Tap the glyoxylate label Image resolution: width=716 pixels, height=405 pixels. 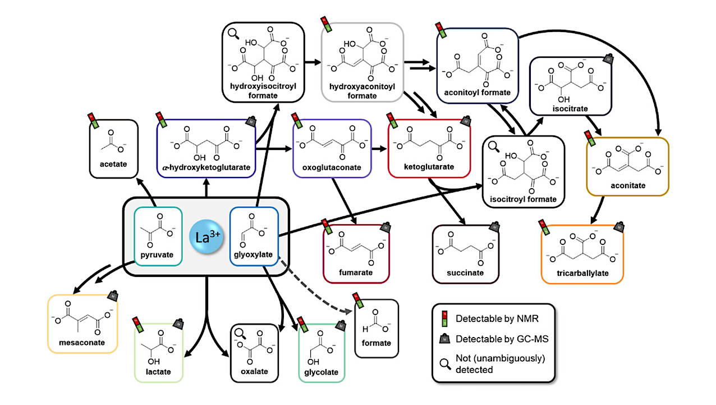254,255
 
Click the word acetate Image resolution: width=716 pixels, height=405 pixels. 114,164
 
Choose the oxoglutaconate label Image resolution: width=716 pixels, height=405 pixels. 332,167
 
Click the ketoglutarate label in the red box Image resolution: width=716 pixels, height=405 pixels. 429,167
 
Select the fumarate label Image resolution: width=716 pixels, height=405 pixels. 355,272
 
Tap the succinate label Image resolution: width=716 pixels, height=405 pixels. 466,272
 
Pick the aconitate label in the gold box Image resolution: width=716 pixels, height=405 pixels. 628,185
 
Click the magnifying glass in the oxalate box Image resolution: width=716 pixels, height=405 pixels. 239,333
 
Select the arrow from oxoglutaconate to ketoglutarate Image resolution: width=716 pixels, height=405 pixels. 379,149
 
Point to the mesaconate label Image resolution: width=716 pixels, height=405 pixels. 82,342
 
